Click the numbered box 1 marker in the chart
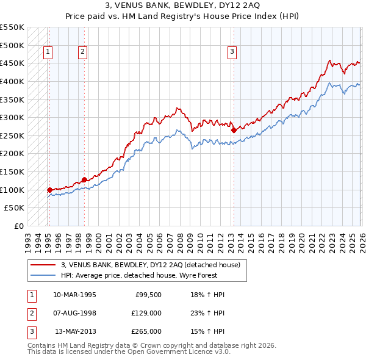[x=48, y=52]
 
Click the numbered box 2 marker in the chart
[x=82, y=52]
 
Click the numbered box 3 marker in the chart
[x=232, y=52]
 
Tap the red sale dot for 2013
[x=234, y=129]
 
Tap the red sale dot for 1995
[x=49, y=190]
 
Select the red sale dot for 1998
[x=84, y=179]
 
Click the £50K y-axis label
[x=14, y=208]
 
